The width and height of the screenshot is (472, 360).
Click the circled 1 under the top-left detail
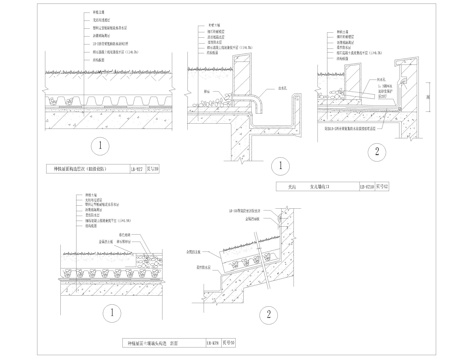(97, 146)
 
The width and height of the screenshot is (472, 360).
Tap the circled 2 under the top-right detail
(375, 151)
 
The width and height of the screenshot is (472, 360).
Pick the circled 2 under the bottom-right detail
(268, 316)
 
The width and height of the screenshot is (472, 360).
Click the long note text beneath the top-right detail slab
(360, 131)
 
